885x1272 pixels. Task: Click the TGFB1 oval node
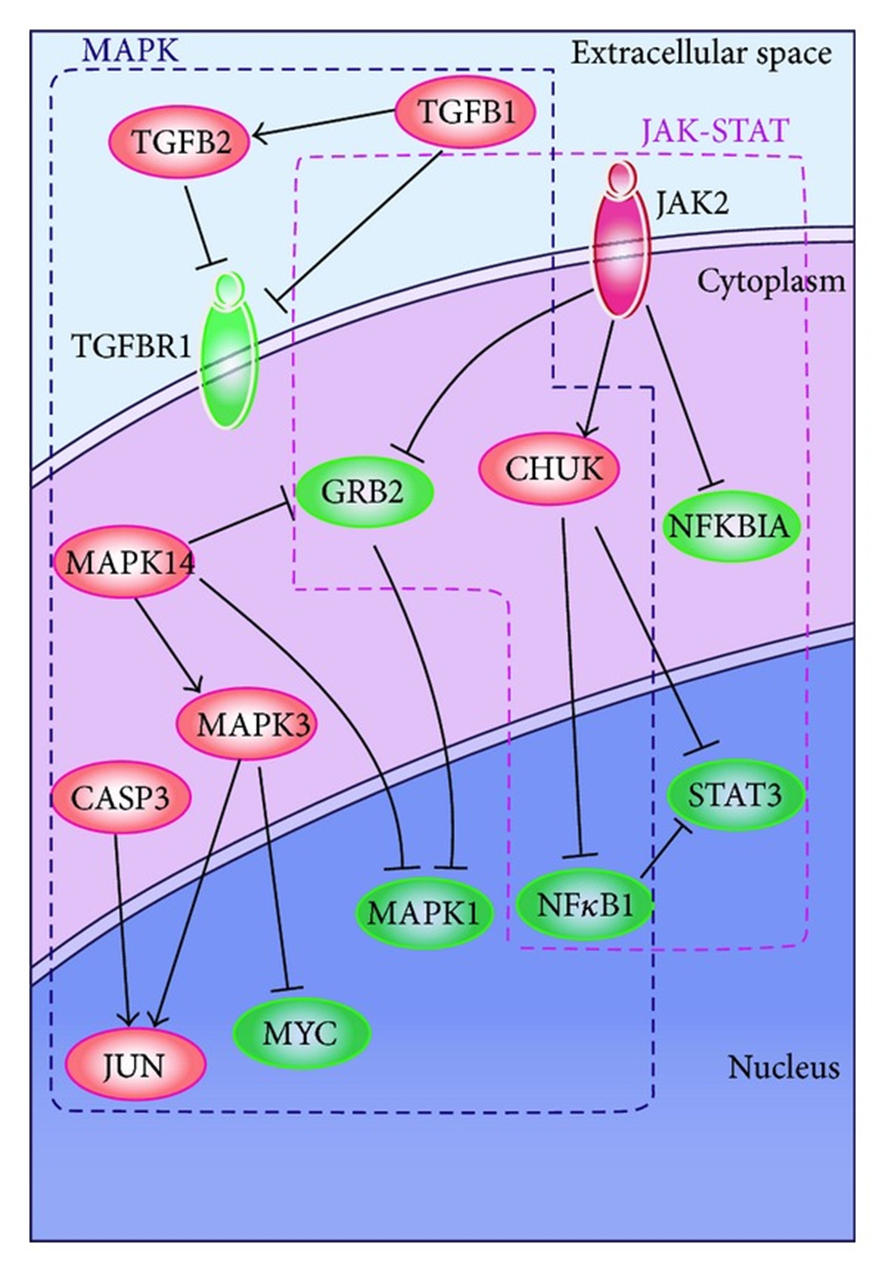[465, 112]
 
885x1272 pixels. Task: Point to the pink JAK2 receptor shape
[621, 244]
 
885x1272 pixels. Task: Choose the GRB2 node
[364, 491]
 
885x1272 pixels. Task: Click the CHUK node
[548, 469]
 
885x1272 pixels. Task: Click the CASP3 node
[121, 798]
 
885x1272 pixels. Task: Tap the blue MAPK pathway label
[131, 51]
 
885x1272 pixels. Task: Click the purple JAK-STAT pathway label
[715, 131]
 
